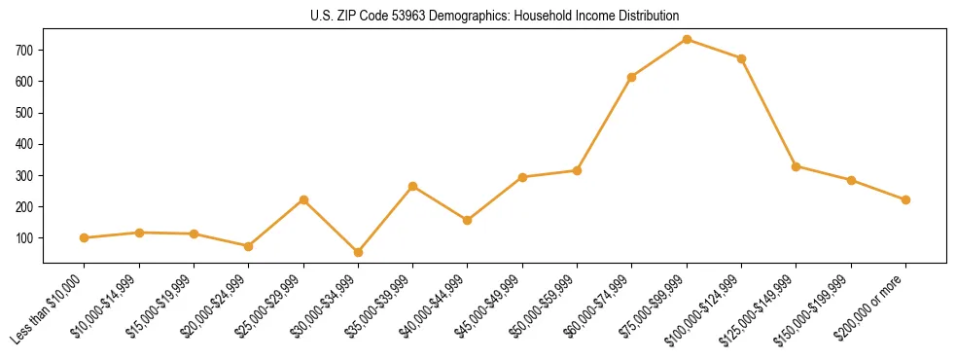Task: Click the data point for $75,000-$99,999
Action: click(x=687, y=39)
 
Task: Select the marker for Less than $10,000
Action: click(x=85, y=237)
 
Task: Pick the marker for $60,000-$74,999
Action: click(x=632, y=77)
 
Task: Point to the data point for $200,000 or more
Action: click(x=905, y=199)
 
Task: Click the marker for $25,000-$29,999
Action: click(x=303, y=199)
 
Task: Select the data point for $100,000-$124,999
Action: click(x=741, y=58)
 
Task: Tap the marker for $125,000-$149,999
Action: click(x=797, y=166)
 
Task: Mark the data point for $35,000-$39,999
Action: click(x=413, y=186)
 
